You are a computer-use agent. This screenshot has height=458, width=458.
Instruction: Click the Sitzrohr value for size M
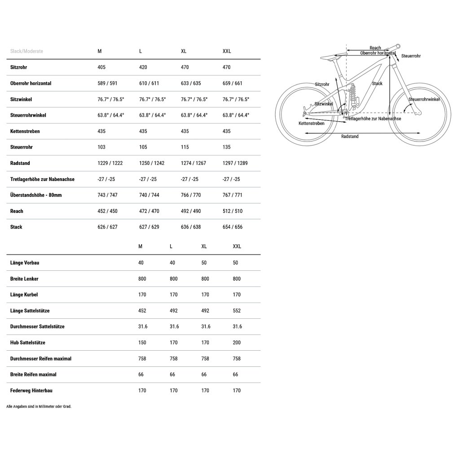[x=102, y=67]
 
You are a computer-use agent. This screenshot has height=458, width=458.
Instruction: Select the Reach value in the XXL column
[x=233, y=211]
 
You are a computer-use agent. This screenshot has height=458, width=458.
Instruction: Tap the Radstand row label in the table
[x=20, y=163]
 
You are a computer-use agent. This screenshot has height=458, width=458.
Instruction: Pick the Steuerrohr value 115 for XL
[x=185, y=147]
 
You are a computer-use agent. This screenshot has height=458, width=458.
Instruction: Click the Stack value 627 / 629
[x=149, y=227]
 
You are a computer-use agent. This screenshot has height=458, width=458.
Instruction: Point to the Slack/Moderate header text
[x=26, y=51]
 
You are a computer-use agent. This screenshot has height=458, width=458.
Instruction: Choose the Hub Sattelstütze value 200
[x=237, y=343]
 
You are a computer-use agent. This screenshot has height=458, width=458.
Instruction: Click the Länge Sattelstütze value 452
[x=142, y=311]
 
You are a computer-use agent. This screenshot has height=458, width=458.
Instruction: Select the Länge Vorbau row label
[x=25, y=263]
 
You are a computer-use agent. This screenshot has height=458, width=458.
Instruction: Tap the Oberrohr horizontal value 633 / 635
[x=191, y=84]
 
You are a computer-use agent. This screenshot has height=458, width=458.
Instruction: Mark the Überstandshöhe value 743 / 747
[x=107, y=195]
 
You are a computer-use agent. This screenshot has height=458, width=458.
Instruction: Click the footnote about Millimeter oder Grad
[x=39, y=406]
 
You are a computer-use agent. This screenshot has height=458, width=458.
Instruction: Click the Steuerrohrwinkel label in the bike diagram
[x=424, y=99]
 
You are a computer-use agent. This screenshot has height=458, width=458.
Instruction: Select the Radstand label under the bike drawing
[x=350, y=137]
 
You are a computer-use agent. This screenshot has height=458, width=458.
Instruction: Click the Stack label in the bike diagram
[x=377, y=84]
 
